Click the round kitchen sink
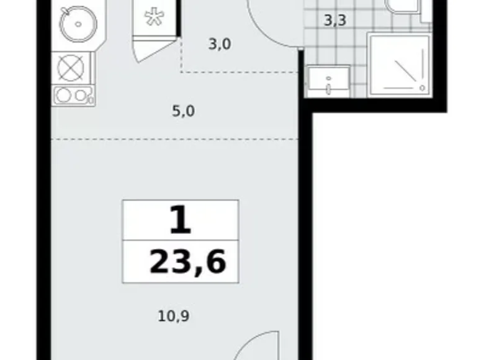click(x=78, y=24)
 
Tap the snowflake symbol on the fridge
click(x=155, y=17)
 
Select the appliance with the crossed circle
click(x=71, y=68)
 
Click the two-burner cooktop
click(x=73, y=96)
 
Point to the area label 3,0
click(x=220, y=45)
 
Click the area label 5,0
click(x=183, y=111)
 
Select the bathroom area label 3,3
click(x=335, y=20)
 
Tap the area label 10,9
click(x=174, y=316)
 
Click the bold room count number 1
click(x=181, y=220)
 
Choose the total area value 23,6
click(x=188, y=262)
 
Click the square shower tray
click(x=399, y=65)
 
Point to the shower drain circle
click(x=423, y=88)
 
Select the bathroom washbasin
click(x=329, y=82)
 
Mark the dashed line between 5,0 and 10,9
click(x=175, y=139)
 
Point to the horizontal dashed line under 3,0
click(x=240, y=72)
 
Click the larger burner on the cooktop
click(x=64, y=95)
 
